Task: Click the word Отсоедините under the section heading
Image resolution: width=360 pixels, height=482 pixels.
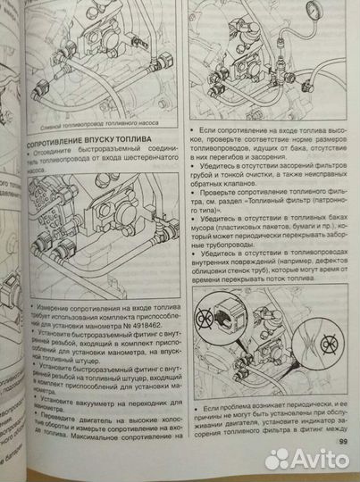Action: [x=64, y=153]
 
